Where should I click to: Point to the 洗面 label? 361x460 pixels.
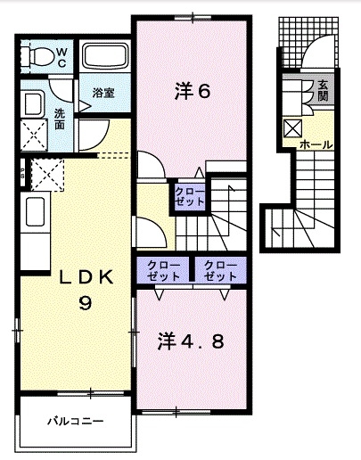(x=59, y=119)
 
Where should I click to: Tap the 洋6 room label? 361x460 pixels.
(x=193, y=90)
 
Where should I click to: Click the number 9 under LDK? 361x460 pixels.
(x=86, y=303)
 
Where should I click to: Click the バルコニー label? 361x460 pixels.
(x=76, y=419)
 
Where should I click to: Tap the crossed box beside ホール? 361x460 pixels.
(x=292, y=126)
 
